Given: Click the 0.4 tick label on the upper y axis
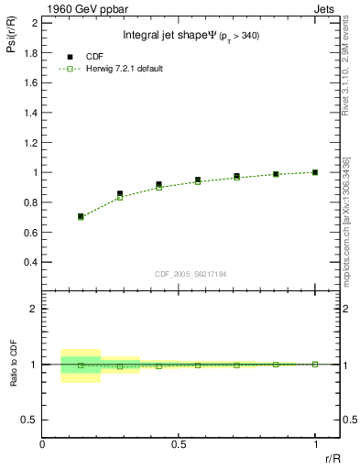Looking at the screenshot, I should [x=30, y=262].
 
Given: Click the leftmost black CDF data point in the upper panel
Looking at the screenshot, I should [x=82, y=216].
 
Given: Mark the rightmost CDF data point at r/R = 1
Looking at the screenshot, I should [x=315, y=172].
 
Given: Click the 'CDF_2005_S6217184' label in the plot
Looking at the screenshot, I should [x=191, y=273].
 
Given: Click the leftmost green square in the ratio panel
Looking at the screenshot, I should [x=82, y=365].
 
